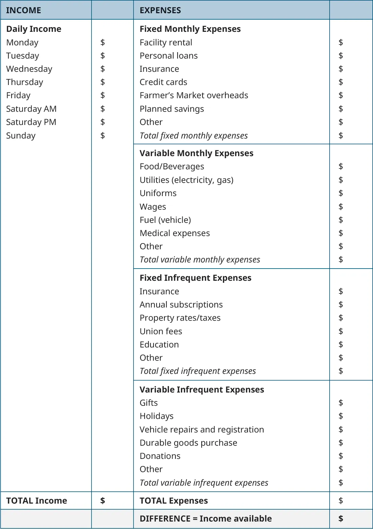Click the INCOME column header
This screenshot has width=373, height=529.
coord(23,10)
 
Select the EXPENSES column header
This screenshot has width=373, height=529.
coord(160,10)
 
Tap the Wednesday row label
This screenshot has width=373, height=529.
coord(29,69)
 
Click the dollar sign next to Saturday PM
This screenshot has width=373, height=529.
coord(103,122)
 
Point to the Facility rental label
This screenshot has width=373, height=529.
coord(166,42)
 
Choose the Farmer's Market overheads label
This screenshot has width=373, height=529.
coord(194,95)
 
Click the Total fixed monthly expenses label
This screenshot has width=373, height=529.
coord(193,135)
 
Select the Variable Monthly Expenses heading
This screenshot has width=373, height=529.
coord(196,153)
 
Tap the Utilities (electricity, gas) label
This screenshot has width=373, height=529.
coord(186,180)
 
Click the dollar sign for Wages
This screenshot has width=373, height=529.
coord(340,207)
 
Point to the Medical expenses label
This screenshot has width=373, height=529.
coord(174,233)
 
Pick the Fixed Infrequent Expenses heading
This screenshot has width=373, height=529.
coord(195,278)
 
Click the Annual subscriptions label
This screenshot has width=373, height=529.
coord(181,304)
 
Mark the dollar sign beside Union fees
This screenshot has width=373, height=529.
coord(340,331)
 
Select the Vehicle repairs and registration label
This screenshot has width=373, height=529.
coord(202,429)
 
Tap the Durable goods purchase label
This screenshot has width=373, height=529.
coord(188,443)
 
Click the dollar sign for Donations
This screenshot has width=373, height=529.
coord(340,456)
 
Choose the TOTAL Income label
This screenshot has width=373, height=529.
coord(37,501)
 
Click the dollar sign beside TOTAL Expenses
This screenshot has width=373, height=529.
coord(340,501)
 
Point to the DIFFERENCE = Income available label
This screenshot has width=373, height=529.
coord(206,519)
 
